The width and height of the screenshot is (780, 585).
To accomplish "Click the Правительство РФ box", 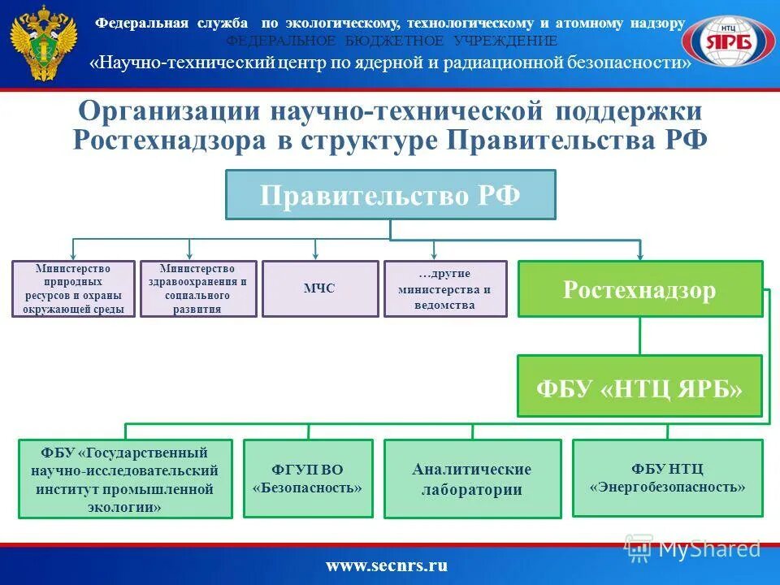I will [x=390, y=195].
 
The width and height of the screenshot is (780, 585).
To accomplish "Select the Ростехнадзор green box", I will [x=640, y=288].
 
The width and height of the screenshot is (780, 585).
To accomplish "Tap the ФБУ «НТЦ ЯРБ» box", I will [x=639, y=386].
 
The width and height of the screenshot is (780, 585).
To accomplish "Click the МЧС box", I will [x=319, y=288].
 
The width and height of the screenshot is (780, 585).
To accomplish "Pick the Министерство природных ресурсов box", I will [x=74, y=288].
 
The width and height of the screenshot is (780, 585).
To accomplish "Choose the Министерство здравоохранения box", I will [x=198, y=288].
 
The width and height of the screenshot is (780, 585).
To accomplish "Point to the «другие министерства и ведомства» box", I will [x=444, y=288].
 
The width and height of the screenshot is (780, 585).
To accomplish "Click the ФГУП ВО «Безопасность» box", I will [x=308, y=479].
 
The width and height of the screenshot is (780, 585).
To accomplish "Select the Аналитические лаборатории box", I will [x=472, y=479].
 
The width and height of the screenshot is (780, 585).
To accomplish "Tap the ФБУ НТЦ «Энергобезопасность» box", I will [x=667, y=478].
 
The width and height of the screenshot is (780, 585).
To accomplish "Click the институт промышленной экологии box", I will [x=125, y=479].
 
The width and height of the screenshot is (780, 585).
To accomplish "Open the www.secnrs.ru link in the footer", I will [x=387, y=565].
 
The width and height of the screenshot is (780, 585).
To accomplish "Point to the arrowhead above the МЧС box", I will [x=316, y=254].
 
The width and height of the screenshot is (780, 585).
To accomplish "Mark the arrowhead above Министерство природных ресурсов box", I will [x=73, y=254].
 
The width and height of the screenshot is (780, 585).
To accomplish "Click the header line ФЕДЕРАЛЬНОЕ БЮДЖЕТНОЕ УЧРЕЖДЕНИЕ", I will [x=392, y=41].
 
